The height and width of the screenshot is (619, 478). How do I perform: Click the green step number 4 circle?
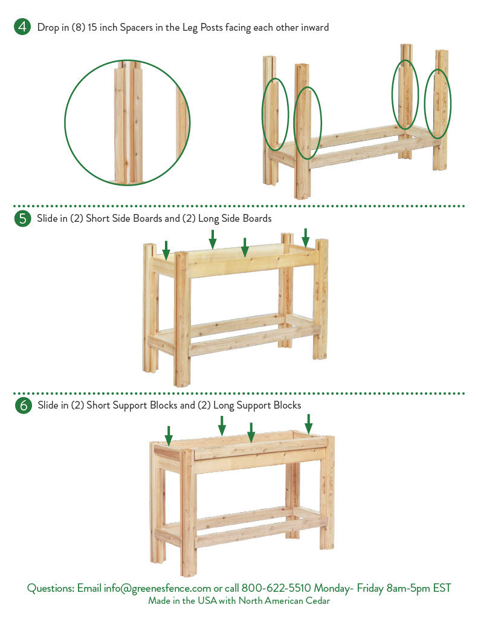pyautogui.click(x=22, y=27)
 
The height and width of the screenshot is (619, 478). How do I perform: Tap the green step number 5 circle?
pyautogui.click(x=22, y=218)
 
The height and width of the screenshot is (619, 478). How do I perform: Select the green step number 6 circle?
pyautogui.click(x=24, y=406)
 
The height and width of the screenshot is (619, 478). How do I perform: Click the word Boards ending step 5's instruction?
pyautogui.click(x=257, y=218)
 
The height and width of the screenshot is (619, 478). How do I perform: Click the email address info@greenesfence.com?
pyautogui.click(x=158, y=588)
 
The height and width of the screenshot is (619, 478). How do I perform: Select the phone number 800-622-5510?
pyautogui.click(x=276, y=588)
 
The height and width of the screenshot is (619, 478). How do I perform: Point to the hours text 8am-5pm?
pyautogui.click(x=408, y=588)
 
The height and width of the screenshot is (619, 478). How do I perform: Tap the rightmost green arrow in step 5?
pyautogui.click(x=306, y=238)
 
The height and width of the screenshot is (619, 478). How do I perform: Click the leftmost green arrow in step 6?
pyautogui.click(x=169, y=435)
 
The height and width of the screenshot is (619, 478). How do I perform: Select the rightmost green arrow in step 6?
pyautogui.click(x=309, y=424)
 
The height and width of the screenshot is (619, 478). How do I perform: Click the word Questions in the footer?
pyautogui.click(x=51, y=588)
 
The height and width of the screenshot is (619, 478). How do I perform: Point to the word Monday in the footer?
pyautogui.click(x=334, y=588)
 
